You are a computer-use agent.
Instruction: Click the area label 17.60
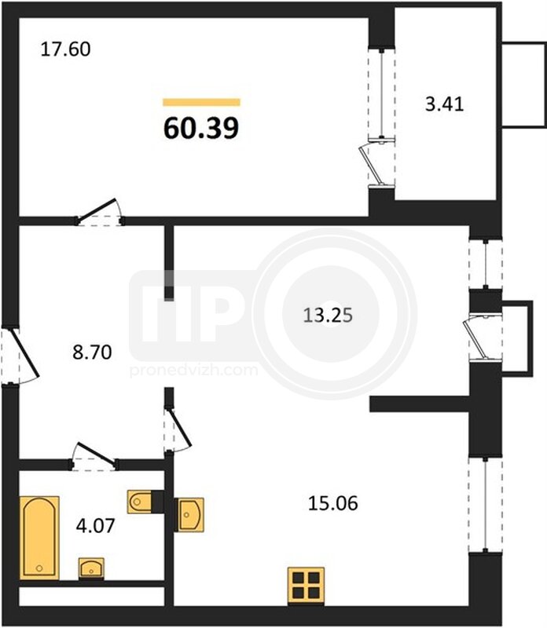(x=66, y=49)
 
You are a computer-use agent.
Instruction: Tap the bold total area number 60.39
(x=201, y=128)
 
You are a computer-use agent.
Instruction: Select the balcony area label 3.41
(x=444, y=104)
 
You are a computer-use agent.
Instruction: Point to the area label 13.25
(x=328, y=316)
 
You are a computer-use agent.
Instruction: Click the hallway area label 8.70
(x=92, y=352)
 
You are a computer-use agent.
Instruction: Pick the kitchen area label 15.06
(x=333, y=503)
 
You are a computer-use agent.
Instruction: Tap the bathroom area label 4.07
(x=95, y=525)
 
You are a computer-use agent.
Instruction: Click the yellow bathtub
(x=39, y=538)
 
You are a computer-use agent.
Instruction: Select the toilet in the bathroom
(x=140, y=502)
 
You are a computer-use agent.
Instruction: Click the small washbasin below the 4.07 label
(x=91, y=568)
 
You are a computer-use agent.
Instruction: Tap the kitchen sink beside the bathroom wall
(x=190, y=515)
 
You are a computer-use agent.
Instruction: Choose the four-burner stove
(x=306, y=586)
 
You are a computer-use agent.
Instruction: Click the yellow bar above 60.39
(x=201, y=103)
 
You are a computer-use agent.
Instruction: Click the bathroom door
(x=94, y=456)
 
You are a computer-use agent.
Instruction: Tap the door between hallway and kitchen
(x=177, y=429)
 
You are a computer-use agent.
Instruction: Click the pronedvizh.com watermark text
(x=193, y=370)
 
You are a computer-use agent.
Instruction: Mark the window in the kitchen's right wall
(x=485, y=505)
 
